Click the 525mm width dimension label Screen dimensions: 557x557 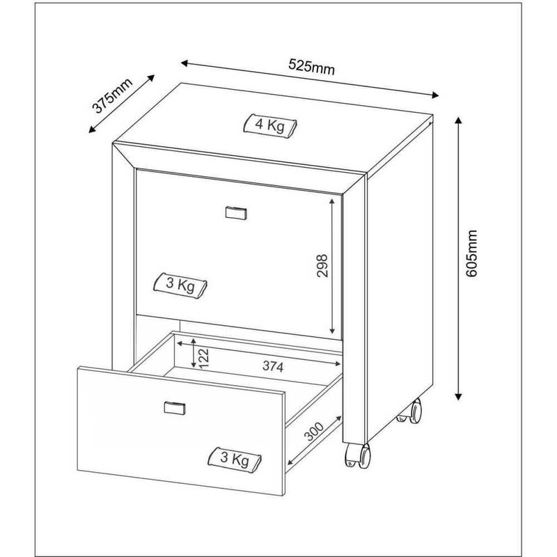pos(311,66)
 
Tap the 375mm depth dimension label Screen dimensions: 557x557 pos(112,95)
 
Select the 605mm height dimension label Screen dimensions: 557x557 pos(471,253)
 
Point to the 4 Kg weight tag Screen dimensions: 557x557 pos(270,125)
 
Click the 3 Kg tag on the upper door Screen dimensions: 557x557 pos(180,285)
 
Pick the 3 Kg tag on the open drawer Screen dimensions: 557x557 pos(235,459)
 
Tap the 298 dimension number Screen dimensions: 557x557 pos(322,266)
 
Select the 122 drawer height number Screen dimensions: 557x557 pos(204,358)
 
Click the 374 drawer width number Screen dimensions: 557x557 pos(273,366)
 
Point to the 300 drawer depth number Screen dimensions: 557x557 pos(315,431)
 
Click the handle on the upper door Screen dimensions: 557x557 pos(236,212)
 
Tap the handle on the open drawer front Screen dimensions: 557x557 pos(175,408)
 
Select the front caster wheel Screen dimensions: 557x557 pos(358,455)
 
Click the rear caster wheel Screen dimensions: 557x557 pos(411,411)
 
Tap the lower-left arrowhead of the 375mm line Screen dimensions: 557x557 pos(91,130)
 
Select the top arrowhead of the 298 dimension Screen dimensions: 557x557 pos(332,201)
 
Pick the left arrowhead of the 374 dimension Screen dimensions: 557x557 pos(180,343)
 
